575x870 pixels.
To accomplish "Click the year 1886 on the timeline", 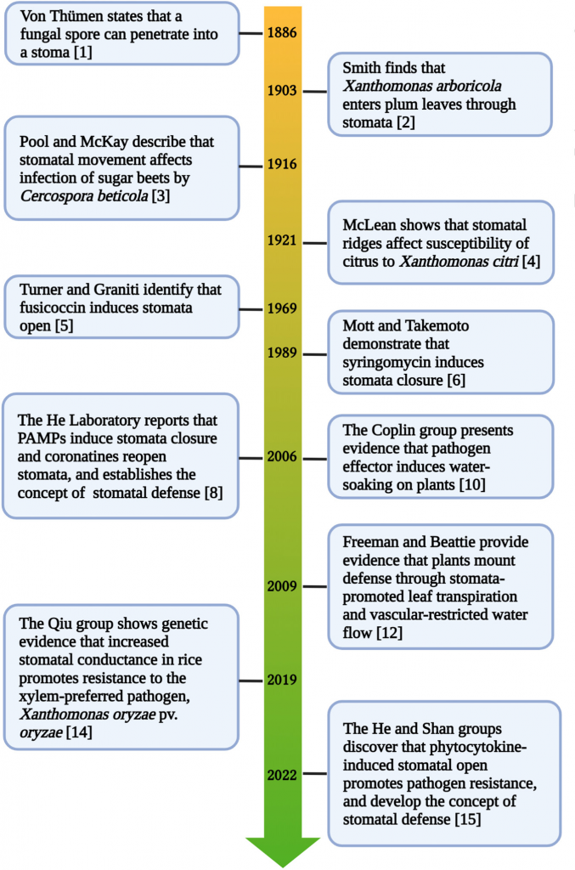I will coord(280,33).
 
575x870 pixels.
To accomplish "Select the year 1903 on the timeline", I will coord(280,91).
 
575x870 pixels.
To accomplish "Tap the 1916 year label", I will coord(280,164).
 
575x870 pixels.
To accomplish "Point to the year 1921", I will coord(280,241).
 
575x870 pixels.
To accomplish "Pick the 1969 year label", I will coord(280,308).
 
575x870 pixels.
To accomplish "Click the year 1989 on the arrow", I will coord(280,353).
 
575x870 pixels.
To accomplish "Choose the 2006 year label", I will coord(280,457).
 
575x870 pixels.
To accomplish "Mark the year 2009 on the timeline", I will coord(280,586).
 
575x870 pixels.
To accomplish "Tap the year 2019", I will coord(280,680).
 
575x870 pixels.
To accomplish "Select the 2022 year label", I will coord(280,775).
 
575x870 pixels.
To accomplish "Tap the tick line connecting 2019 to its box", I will coord(252,680).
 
